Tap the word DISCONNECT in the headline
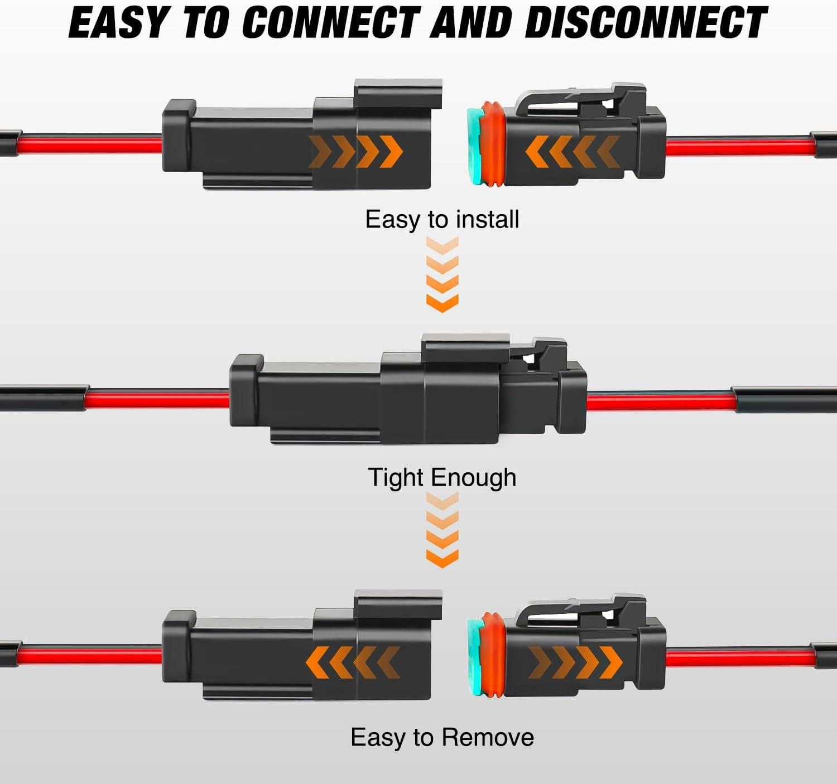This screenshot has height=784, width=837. point(646,23)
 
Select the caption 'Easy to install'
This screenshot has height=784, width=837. point(442,219)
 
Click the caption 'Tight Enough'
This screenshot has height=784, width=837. point(442,478)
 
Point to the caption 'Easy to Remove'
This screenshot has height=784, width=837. point(442,737)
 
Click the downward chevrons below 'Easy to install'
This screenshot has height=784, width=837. point(442,274)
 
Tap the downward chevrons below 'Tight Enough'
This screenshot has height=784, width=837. point(442,531)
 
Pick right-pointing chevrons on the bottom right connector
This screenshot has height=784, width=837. point(575,662)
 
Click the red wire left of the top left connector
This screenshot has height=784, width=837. point(89,145)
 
